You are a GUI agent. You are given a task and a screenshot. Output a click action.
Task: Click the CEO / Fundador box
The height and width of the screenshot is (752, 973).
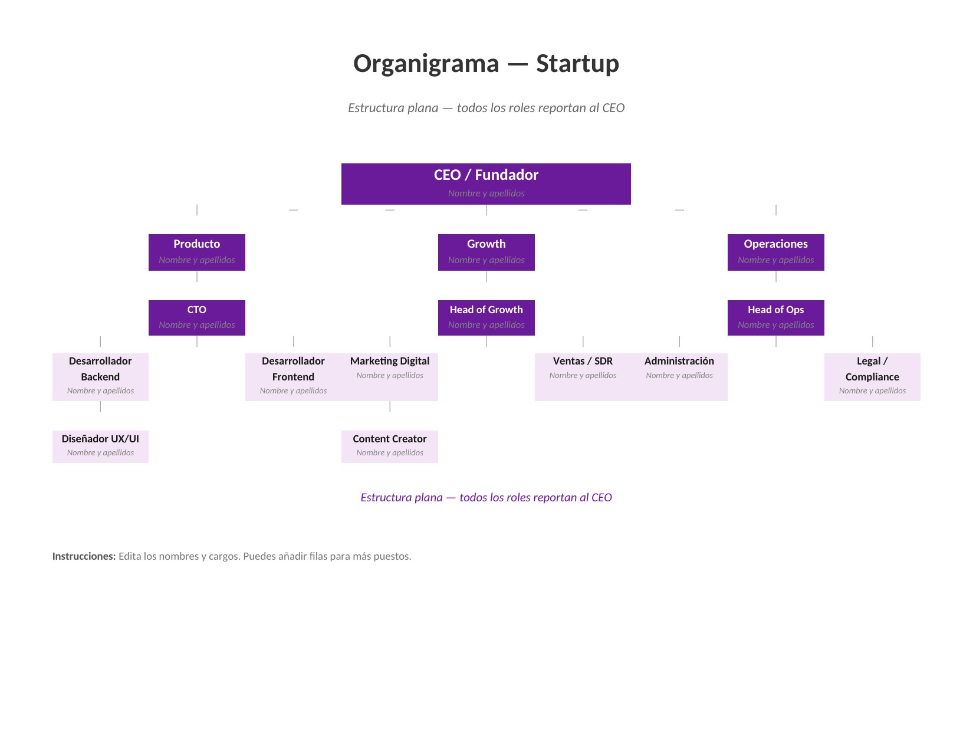point(486,183)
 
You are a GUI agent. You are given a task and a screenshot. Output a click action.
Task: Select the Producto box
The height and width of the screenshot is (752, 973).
point(196,252)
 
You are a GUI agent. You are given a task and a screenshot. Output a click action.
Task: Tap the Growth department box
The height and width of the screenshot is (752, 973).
point(486,252)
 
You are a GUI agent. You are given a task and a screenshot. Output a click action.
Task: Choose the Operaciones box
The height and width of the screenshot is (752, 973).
point(775,252)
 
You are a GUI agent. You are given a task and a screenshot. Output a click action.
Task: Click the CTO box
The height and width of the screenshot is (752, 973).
point(196,317)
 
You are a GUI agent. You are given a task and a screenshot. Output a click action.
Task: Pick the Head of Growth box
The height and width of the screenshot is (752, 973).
point(486,317)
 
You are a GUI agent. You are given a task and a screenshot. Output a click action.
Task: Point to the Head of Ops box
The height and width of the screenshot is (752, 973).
point(775,317)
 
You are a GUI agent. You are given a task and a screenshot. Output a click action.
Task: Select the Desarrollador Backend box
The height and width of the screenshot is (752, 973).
point(100,376)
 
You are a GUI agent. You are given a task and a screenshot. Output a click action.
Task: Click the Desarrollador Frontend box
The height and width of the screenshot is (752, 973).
point(293,376)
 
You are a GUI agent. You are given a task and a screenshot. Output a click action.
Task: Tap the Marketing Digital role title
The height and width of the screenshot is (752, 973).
point(390,361)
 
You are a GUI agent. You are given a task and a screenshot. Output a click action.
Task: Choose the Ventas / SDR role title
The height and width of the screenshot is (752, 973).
point(583,361)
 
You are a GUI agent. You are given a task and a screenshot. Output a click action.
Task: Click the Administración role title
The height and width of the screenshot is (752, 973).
point(679,361)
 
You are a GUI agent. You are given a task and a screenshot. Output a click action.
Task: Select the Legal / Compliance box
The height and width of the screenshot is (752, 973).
point(872,376)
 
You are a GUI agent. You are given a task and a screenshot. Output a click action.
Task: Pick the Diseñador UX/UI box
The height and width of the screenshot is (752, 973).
point(100,446)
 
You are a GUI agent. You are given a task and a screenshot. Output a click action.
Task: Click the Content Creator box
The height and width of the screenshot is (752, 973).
point(390,446)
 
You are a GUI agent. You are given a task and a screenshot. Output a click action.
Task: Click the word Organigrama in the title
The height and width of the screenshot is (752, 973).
point(426,64)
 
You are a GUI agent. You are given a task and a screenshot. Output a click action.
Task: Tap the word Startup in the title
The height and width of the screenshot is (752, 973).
point(577,64)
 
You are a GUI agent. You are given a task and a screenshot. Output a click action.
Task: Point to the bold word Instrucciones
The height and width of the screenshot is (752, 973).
point(84,556)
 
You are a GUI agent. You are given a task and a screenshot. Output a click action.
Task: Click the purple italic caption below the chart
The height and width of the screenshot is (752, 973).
point(486,497)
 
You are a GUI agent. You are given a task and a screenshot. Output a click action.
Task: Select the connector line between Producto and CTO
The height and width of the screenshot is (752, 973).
point(197,277)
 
